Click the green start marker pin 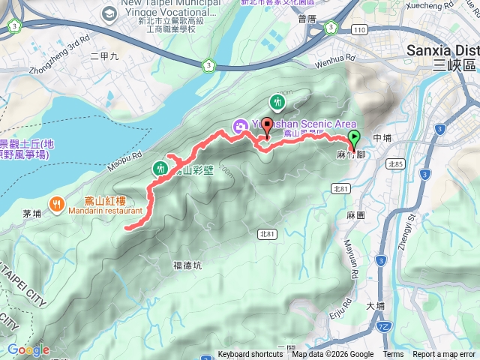(x=355, y=139)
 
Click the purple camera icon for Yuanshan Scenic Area (x=238, y=124)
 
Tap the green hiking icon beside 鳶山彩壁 (x=159, y=169)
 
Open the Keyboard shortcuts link (x=250, y=355)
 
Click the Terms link (x=393, y=355)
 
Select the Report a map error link (x=444, y=355)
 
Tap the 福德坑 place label (x=187, y=265)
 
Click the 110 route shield (x=361, y=29)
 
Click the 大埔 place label (x=375, y=306)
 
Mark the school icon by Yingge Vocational (x=110, y=13)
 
